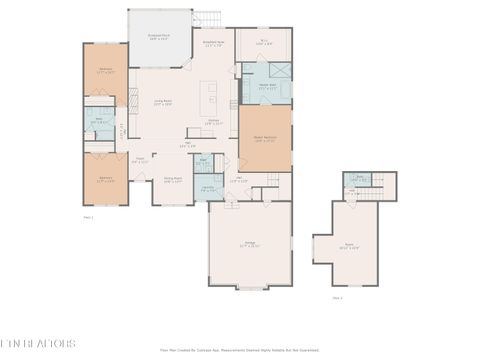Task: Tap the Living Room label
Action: coord(163,103)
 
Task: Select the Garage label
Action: coord(249,245)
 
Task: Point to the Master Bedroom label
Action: coord(265,140)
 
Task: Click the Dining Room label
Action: coord(172,180)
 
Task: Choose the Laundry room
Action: coord(207,188)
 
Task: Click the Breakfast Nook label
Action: coord(214,44)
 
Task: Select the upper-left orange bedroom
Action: coord(105,70)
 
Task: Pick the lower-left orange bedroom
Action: coord(105,180)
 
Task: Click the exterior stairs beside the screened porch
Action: coord(208,19)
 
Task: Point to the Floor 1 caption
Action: coord(88,216)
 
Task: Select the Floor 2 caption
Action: coord(337,297)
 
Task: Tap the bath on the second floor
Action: coord(357,181)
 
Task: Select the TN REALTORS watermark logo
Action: coord(38,343)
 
